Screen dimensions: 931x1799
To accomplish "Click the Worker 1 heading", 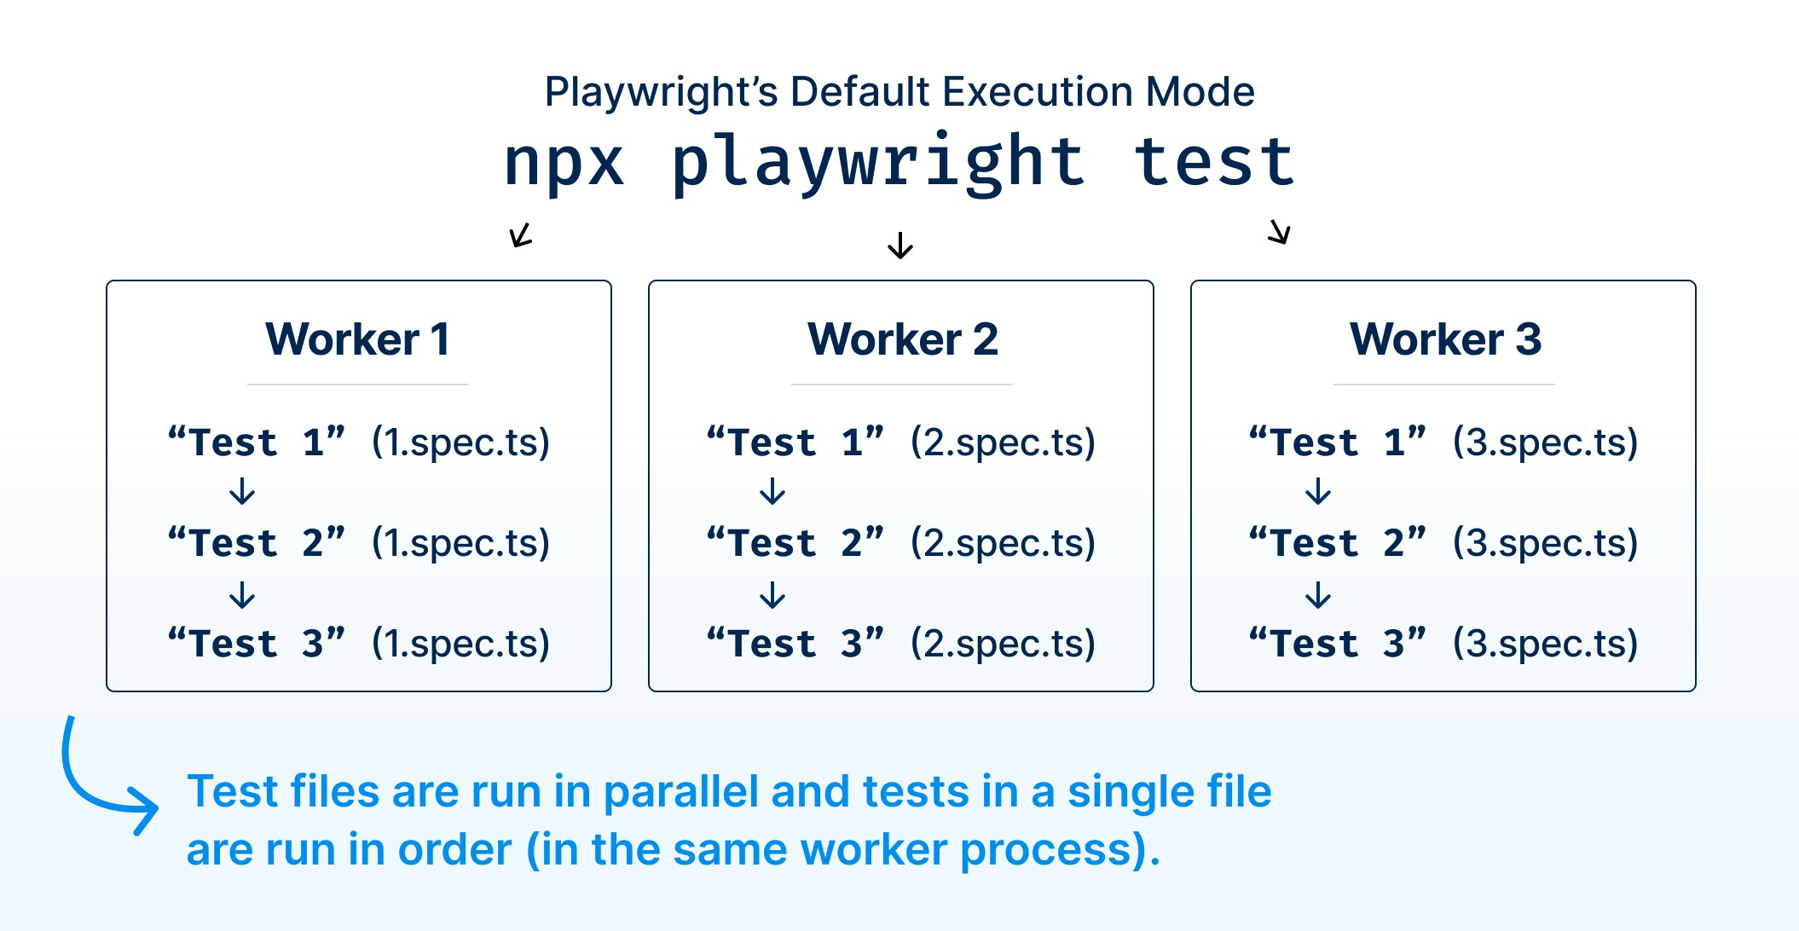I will (x=357, y=339).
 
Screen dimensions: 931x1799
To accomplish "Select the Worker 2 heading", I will (x=902, y=339).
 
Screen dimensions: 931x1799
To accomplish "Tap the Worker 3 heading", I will (x=1445, y=339).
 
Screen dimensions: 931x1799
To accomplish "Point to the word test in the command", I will (x=1214, y=162).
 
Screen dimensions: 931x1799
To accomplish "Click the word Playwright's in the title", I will (x=661, y=92).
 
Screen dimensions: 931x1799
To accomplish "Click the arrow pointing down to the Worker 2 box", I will (x=900, y=246).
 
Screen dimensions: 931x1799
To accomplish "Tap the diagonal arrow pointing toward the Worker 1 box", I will (x=521, y=234).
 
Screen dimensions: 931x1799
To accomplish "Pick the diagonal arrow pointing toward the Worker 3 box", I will (x=1279, y=231).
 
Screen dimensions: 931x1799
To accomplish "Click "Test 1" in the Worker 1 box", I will (x=257, y=442).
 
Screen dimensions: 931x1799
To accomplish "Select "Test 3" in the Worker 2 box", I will (x=795, y=644).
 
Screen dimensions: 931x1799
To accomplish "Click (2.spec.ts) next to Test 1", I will (x=1003, y=442).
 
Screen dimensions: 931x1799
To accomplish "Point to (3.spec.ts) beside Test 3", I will (x=1545, y=644).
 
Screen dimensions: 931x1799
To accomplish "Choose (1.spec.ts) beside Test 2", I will (x=460, y=543).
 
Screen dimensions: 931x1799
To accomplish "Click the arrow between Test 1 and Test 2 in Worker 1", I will (x=243, y=492).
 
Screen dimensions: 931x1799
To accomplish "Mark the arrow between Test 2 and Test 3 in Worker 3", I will (x=1318, y=594).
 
